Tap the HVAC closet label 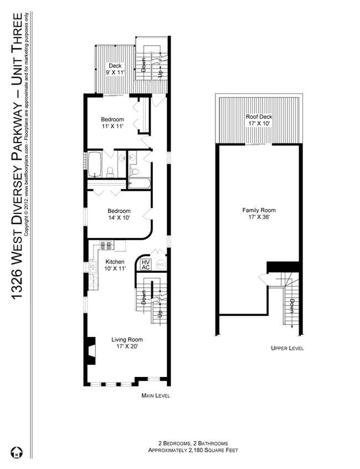click(x=146, y=265)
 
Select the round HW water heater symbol click(x=161, y=265)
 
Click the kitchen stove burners click(x=106, y=244)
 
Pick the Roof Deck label click(x=259, y=117)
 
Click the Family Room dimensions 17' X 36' click(x=259, y=218)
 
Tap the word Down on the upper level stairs click(x=291, y=305)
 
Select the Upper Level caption click(x=287, y=348)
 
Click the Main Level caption click(x=156, y=396)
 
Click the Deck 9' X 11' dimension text click(x=115, y=73)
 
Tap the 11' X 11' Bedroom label click(x=112, y=126)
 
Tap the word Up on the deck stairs click(x=161, y=73)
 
